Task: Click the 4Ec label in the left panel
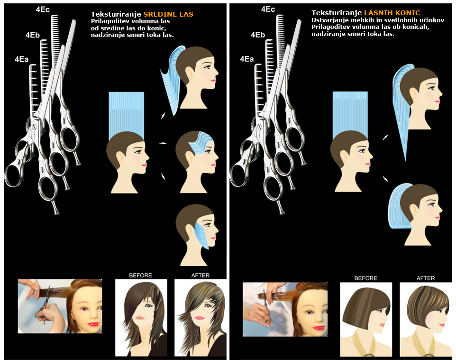tap(43, 9)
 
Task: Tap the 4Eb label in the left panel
tap(32, 35)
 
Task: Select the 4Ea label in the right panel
tap(246, 59)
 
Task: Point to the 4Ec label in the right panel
tap(268, 9)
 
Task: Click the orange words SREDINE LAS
tap(168, 14)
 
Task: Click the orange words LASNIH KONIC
tap(392, 13)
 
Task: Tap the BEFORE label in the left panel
tap(140, 275)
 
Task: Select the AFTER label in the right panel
tap(426, 278)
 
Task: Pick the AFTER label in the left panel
tap(201, 275)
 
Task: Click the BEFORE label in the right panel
tap(365, 278)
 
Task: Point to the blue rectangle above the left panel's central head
tap(127, 115)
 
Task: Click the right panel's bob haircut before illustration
tap(366, 319)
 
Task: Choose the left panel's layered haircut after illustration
tap(201, 318)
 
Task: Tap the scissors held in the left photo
tap(44, 305)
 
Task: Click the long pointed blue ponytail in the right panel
tap(402, 111)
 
